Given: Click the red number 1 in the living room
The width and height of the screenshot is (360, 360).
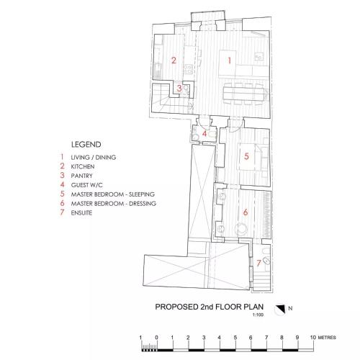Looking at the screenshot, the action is [230, 60].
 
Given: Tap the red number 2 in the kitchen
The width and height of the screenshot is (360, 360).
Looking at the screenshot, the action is [174, 60].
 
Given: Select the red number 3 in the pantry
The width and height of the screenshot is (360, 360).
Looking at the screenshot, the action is [179, 89].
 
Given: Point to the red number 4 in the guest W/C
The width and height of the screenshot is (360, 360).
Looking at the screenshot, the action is [204, 134].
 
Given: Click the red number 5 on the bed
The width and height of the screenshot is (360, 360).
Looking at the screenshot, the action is [246, 156].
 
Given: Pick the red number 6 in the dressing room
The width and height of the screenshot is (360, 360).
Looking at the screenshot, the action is [246, 212].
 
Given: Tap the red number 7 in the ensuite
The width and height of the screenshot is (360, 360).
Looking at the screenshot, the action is [258, 263].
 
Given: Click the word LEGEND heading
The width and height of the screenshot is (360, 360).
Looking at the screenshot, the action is [86, 145].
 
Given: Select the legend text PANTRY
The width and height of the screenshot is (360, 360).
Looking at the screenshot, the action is [81, 176].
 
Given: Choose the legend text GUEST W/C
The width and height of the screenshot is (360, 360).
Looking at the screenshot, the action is [86, 185].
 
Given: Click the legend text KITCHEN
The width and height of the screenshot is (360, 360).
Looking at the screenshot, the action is [83, 166].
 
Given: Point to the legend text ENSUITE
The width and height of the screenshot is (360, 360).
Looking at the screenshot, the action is [81, 213].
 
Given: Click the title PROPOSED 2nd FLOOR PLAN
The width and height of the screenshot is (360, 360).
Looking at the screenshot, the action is [210, 307].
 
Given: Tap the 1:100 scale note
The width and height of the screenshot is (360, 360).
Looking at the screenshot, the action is [258, 315].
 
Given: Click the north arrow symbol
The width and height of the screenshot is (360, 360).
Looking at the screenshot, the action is [280, 309].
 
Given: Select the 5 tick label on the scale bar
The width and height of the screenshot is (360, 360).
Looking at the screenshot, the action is [235, 338].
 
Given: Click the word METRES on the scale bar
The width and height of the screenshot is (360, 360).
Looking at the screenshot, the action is [327, 338].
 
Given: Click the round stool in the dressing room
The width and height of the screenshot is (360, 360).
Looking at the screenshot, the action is [240, 228].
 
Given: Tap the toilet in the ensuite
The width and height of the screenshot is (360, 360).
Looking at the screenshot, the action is [266, 261].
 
